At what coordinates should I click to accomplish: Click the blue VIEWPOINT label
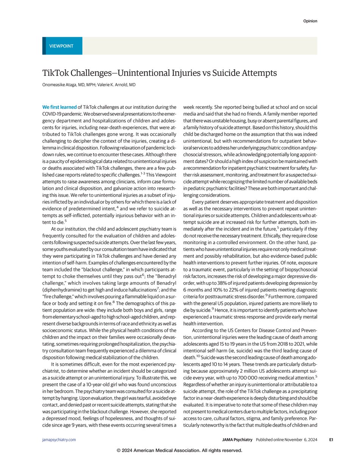(x=61, y=46)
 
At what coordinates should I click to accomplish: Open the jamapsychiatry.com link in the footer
(x=59, y=439)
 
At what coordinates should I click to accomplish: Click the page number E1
(x=331, y=439)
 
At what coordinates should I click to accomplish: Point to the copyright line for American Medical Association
(x=180, y=450)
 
